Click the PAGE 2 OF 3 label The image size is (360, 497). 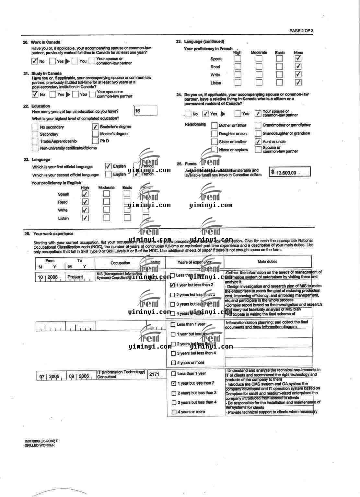pyautogui.click(x=301, y=31)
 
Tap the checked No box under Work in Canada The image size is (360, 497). pyautogui.click(x=35, y=61)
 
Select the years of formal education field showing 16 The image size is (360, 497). pyautogui.click(x=145, y=111)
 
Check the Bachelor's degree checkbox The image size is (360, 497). pyautogui.click(x=95, y=127)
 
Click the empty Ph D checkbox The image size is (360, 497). pyautogui.click(x=95, y=141)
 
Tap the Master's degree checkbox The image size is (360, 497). pyautogui.click(x=95, y=134)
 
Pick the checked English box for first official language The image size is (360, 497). pyautogui.click(x=108, y=166)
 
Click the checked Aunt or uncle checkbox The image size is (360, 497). pyautogui.click(x=258, y=141)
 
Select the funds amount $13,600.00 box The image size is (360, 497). pyautogui.click(x=289, y=172)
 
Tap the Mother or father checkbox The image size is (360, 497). pyautogui.click(x=214, y=125)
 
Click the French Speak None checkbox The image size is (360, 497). pyautogui.click(x=298, y=59)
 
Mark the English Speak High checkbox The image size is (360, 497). pyautogui.click(x=85, y=194)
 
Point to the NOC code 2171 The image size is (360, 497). pyautogui.click(x=154, y=374)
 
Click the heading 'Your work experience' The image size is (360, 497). pyautogui.click(x=53, y=234)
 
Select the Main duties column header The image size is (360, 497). pyautogui.click(x=267, y=262)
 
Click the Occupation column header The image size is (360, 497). pyautogui.click(x=120, y=263)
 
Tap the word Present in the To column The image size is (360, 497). pyautogui.click(x=75, y=277)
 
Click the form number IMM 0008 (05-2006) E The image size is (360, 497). pyautogui.click(x=41, y=441)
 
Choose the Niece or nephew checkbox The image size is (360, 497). pyautogui.click(x=214, y=150)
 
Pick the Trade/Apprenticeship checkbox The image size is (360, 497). pyautogui.click(x=35, y=141)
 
